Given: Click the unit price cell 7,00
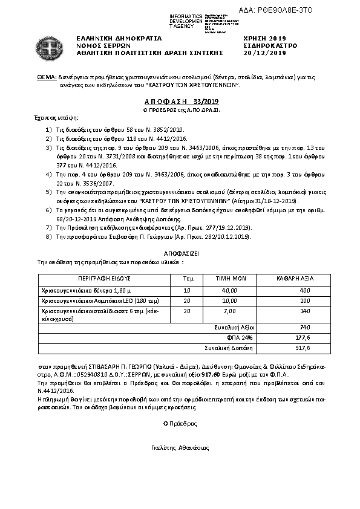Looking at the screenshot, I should pos(230,311).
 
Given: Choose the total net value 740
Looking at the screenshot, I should pos(304,327).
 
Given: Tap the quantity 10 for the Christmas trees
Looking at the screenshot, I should pos(186,290).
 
